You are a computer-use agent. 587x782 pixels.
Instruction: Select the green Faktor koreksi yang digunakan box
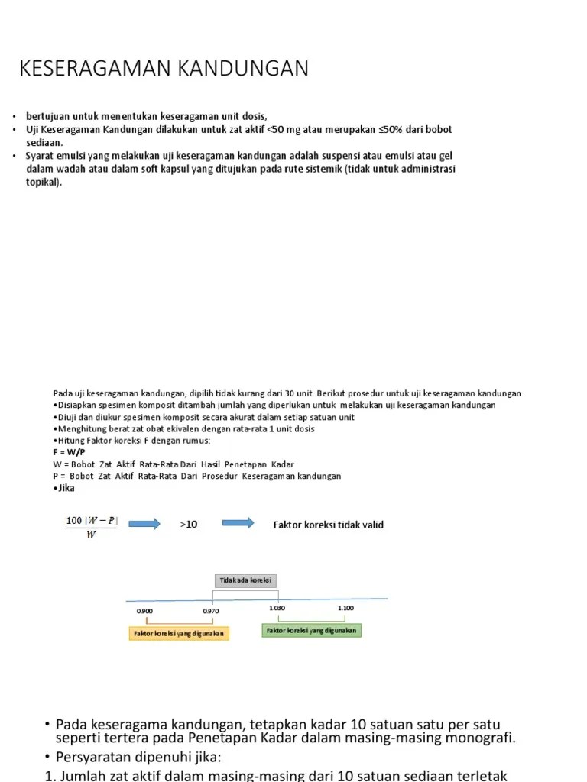[x=311, y=630]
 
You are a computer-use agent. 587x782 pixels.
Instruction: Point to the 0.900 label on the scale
[x=144, y=611]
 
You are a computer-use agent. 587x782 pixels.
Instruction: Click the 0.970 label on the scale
[x=211, y=611]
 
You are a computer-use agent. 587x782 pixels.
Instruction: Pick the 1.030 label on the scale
[x=277, y=608]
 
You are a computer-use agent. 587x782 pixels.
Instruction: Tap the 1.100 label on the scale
[x=345, y=608]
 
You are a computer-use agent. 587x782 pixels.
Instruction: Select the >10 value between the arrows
[x=189, y=525]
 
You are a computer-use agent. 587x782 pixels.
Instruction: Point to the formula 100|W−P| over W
[x=92, y=527]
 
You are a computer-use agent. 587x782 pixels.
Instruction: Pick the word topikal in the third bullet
[x=43, y=183]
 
